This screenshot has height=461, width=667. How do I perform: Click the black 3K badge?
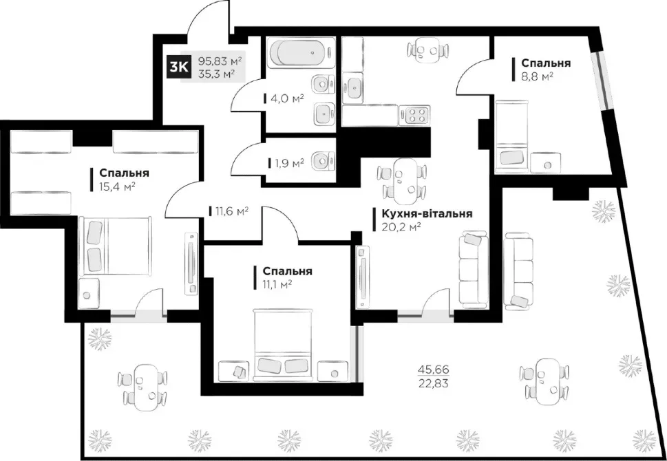coord(177,66)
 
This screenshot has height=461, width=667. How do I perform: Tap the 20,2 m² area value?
coord(401,227)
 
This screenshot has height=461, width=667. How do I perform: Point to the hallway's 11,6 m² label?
coord(231,211)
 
